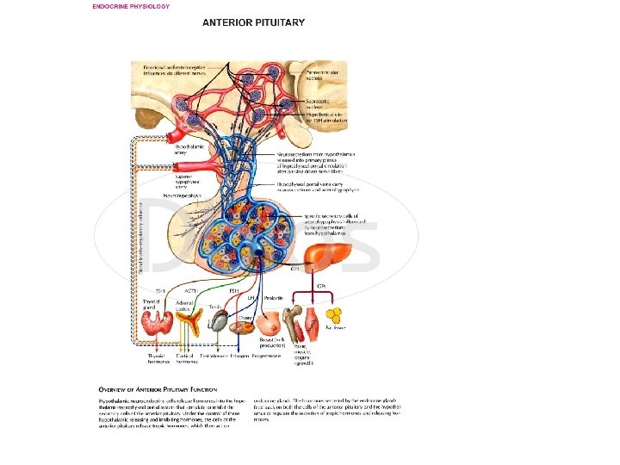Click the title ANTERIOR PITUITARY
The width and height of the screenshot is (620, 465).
click(253, 22)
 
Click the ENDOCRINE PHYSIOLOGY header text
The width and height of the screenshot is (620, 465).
click(131, 6)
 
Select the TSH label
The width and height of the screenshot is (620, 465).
click(160, 291)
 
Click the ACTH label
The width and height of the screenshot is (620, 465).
click(191, 291)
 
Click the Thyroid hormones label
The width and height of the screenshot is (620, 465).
click(158, 358)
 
